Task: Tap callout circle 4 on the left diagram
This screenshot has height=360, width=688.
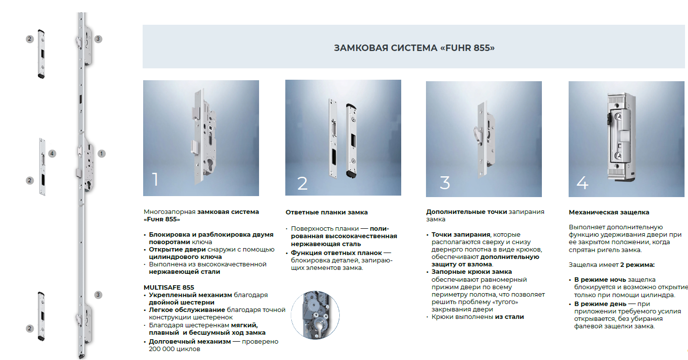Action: pos(52,154)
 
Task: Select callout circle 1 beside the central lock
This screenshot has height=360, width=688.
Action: pos(102,154)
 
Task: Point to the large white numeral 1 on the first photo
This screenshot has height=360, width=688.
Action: pos(155,179)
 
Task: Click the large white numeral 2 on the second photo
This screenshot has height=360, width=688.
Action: pos(302,183)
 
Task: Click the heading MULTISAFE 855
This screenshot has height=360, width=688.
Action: pos(169,288)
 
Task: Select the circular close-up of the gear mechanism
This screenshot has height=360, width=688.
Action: pos(315,315)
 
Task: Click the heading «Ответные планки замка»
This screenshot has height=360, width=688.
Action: pos(326,212)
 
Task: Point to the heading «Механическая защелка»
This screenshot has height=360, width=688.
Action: pos(609,212)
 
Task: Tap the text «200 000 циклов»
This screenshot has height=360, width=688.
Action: pos(174,349)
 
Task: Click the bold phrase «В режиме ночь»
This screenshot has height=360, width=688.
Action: pos(600,280)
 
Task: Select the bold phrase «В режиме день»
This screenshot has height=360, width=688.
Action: pos(600,304)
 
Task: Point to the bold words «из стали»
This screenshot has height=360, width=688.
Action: pos(509,317)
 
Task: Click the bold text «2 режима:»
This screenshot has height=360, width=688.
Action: pos(637,265)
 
